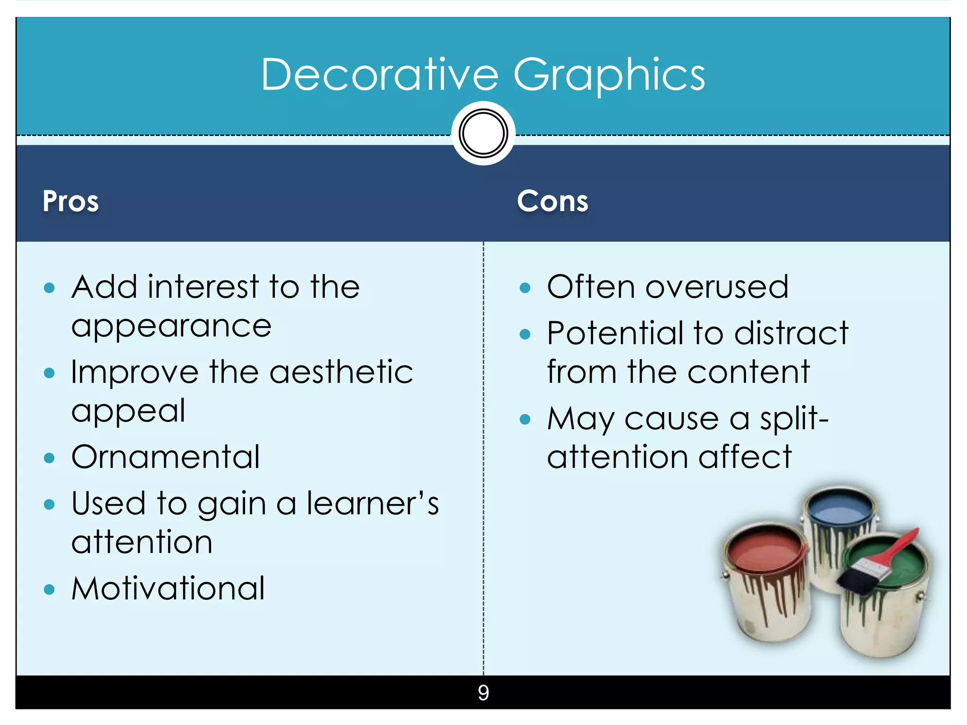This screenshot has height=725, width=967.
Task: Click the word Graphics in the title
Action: [x=609, y=76]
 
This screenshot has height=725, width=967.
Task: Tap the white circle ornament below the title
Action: [x=483, y=134]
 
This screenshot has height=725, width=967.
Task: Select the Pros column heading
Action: [x=71, y=201]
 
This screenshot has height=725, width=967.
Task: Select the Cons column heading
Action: [x=552, y=201]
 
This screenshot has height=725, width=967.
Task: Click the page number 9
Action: [x=483, y=692]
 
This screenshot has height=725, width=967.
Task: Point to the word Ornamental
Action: [x=166, y=457]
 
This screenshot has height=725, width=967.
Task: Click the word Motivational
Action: [x=168, y=589]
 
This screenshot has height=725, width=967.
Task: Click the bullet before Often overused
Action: [x=525, y=288]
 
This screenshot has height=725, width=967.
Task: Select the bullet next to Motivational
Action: [x=49, y=589]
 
